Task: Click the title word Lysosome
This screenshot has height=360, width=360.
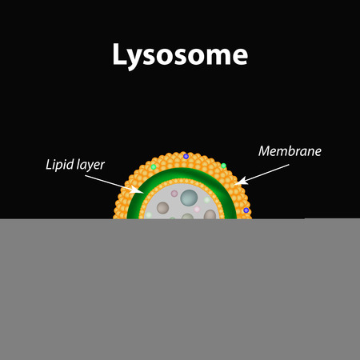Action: coord(180,55)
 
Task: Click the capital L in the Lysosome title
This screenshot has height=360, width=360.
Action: coord(120,54)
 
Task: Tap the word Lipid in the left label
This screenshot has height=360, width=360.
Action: coord(59,165)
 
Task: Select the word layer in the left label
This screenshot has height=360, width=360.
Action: coord(90,166)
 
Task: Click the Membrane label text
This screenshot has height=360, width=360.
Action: coord(290,151)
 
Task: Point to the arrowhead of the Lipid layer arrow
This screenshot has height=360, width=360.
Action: coord(138,190)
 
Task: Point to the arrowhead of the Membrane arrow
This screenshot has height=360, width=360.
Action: coord(241,181)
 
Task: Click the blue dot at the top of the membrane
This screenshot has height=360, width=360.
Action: coord(186,156)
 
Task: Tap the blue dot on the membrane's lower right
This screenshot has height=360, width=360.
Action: coord(246,210)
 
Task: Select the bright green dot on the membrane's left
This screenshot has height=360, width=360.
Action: coord(154,167)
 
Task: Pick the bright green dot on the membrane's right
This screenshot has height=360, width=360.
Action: coord(223,166)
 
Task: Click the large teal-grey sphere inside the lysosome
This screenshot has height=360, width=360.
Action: coord(189,198)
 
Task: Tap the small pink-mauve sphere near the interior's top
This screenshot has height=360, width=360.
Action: coord(174,194)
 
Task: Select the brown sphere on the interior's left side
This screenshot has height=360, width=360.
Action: coord(162,208)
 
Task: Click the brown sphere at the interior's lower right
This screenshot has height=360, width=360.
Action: coord(210,214)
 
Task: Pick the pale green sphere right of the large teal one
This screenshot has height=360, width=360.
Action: coord(207,200)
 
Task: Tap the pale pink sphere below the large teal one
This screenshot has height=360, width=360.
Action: coord(197,210)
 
